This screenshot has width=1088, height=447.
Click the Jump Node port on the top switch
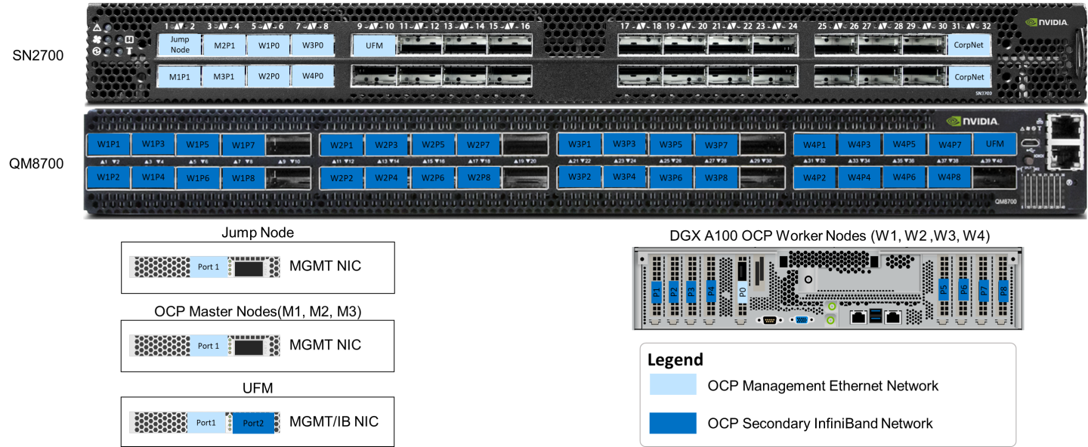[x=180, y=45]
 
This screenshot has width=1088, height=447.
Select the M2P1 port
[x=224, y=45]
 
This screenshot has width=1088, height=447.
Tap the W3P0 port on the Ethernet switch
[x=313, y=45]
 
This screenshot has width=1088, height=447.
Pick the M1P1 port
[x=180, y=76]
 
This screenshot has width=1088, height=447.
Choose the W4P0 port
[x=313, y=76]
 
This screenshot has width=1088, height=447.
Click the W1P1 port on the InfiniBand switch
[x=108, y=144]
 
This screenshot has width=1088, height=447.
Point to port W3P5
[x=670, y=144]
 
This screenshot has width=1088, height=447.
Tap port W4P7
[x=950, y=144]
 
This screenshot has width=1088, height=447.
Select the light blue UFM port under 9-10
[x=374, y=45]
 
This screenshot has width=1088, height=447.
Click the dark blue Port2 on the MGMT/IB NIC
[x=254, y=423]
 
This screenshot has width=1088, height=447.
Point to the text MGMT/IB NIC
[x=334, y=421]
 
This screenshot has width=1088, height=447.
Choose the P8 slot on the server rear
[x=1003, y=290]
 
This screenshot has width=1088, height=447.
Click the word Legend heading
[x=675, y=360]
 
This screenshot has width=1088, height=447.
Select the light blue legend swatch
[x=672, y=385]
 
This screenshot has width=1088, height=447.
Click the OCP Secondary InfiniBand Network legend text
[x=820, y=424]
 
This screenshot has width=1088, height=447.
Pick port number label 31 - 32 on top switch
[x=969, y=26]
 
